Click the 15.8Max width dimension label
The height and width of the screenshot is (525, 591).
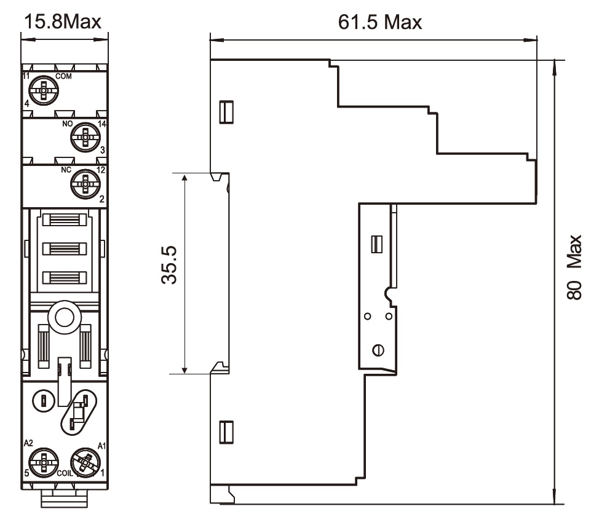pyautogui.click(x=63, y=22)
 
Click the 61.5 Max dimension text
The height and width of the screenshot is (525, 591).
pyautogui.click(x=380, y=22)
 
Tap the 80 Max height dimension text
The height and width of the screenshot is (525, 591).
pyautogui.click(x=574, y=267)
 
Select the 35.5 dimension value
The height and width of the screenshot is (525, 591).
pyautogui.click(x=169, y=264)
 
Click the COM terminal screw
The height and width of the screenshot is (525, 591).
pyautogui.click(x=44, y=91)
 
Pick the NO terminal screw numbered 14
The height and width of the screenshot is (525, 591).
pyautogui.click(x=85, y=138)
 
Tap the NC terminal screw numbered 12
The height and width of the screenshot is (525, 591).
pyautogui.click(x=85, y=184)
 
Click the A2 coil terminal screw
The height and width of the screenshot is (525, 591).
pyautogui.click(x=44, y=462)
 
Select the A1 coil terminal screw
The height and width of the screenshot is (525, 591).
pyautogui.click(x=85, y=462)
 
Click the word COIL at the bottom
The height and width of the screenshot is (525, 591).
pyautogui.click(x=65, y=473)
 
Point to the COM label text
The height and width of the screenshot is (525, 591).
pyautogui.click(x=63, y=76)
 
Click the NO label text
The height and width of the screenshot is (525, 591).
pyautogui.click(x=68, y=124)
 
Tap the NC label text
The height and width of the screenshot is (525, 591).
pyautogui.click(x=66, y=170)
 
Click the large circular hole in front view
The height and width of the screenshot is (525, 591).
pyautogui.click(x=65, y=317)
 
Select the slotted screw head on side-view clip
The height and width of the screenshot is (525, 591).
pyautogui.click(x=378, y=350)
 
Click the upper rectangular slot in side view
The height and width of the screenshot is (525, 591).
pyautogui.click(x=226, y=112)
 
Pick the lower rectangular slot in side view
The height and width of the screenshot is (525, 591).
pyautogui.click(x=226, y=432)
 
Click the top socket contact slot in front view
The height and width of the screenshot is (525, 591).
pyautogui.click(x=65, y=219)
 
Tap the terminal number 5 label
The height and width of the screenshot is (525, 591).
pyautogui.click(x=26, y=473)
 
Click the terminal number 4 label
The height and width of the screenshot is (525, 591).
pyautogui.click(x=27, y=104)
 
